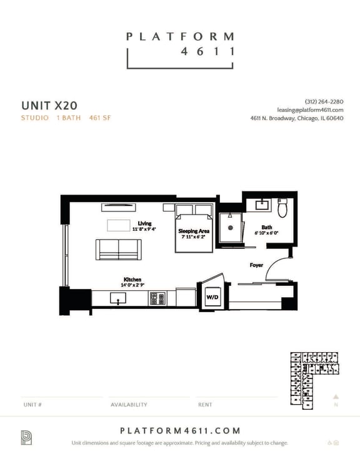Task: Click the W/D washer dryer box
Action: (x=212, y=298)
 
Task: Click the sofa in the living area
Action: (x=118, y=249)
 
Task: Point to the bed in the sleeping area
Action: (x=194, y=230)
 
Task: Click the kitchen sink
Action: (x=117, y=299)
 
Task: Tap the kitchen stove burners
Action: (x=156, y=299)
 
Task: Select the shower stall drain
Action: (x=231, y=230)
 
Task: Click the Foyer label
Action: (x=256, y=265)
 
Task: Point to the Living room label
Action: (x=144, y=223)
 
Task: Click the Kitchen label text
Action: (x=132, y=280)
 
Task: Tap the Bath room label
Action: (x=267, y=228)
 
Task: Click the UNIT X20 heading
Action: (x=49, y=105)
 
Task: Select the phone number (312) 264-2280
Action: (x=324, y=101)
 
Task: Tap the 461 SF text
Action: (x=100, y=118)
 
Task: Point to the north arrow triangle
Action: (x=336, y=396)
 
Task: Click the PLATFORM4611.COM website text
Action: (x=179, y=431)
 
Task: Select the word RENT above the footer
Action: (x=205, y=405)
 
